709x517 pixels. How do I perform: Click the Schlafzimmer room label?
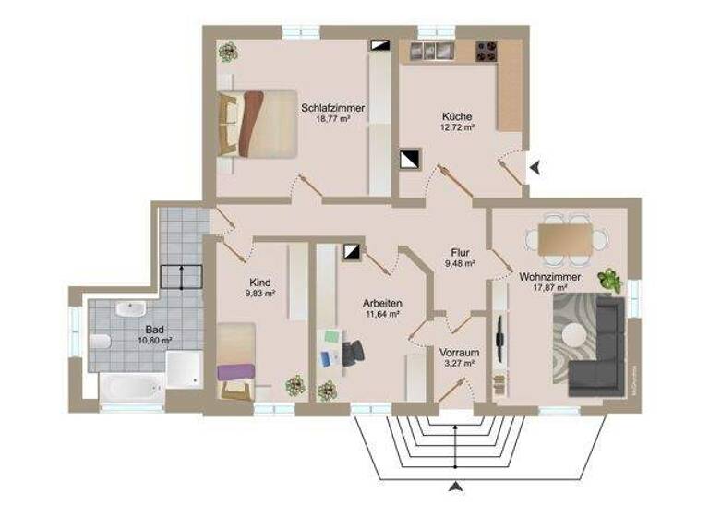332,108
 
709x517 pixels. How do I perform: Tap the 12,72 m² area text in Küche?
457,128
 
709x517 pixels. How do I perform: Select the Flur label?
461,251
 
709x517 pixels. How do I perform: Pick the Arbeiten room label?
381,302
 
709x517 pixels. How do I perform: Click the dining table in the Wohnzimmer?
566,239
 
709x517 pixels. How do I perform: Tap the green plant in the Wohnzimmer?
609,279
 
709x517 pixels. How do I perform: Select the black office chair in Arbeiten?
353,351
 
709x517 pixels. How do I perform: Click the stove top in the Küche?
487,52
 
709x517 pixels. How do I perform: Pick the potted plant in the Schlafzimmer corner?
227,52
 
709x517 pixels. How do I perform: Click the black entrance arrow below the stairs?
454,486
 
